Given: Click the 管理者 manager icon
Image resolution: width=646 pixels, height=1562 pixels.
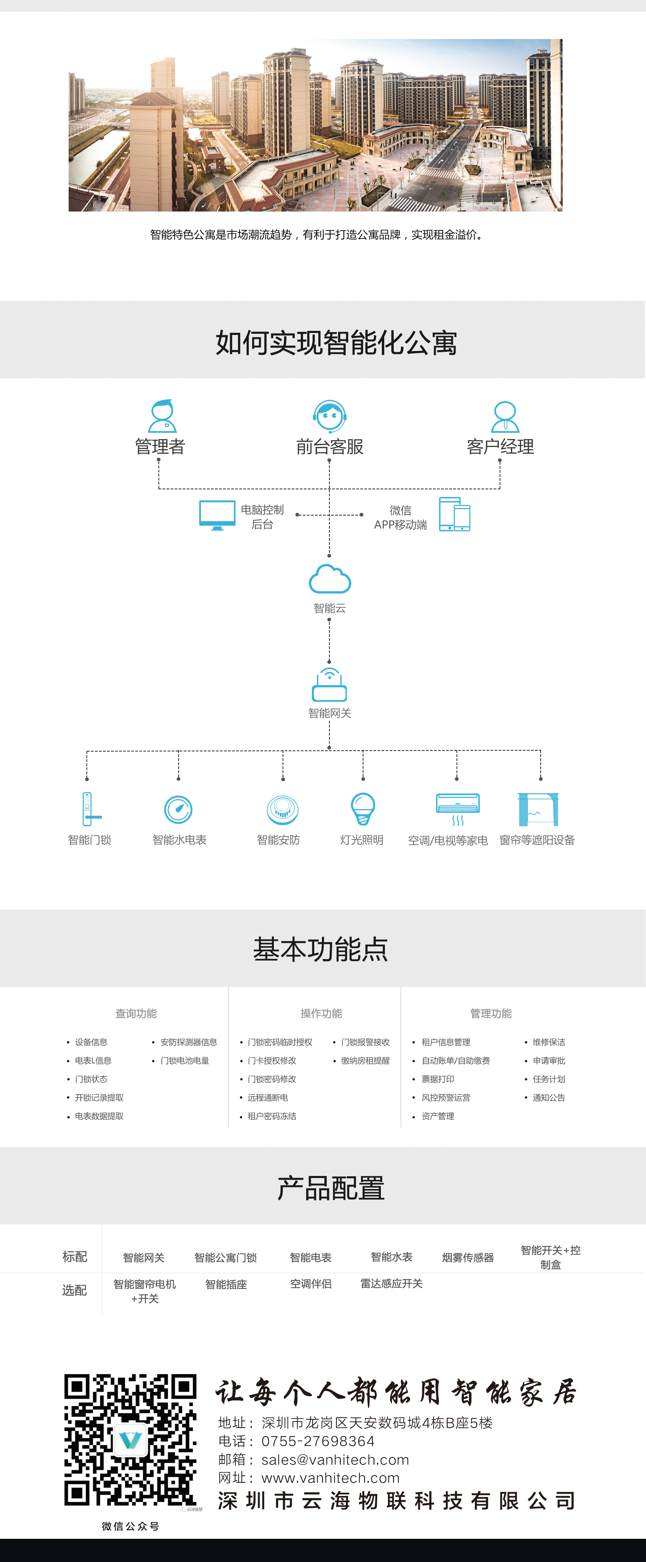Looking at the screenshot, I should pos(163,416).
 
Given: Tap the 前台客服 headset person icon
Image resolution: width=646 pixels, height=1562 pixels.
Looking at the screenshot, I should pos(329,416).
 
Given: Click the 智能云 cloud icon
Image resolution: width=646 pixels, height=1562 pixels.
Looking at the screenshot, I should pos(329,579).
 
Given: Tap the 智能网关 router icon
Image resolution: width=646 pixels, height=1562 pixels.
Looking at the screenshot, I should pos(329,685).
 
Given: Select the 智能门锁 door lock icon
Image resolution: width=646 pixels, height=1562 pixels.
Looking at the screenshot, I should pos(88,809).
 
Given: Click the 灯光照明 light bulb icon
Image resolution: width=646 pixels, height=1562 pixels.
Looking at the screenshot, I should pos(363,809).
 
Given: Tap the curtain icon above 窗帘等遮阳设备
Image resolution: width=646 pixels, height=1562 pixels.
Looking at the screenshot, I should pos(537,809).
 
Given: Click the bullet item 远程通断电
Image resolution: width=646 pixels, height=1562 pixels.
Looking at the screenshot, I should pos(267,1098).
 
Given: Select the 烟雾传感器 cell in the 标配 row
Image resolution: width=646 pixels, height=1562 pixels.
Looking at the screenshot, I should pos(468,1258).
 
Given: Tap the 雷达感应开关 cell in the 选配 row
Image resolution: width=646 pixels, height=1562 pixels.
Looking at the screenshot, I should pos(391,1284).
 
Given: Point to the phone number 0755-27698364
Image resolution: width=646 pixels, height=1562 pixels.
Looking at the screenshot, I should pos(318,1441).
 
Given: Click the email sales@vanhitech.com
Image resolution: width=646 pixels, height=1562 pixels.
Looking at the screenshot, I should pos(335,1459).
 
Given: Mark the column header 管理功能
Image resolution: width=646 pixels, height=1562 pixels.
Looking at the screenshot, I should pos(491,1013).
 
